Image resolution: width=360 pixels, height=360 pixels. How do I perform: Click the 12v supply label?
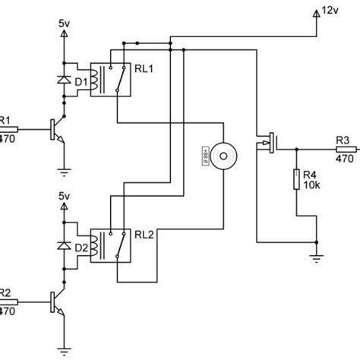(331, 11)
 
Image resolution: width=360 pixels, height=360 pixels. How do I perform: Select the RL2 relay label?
(144, 235)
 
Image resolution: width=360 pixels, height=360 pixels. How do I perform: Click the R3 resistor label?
(343, 139)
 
